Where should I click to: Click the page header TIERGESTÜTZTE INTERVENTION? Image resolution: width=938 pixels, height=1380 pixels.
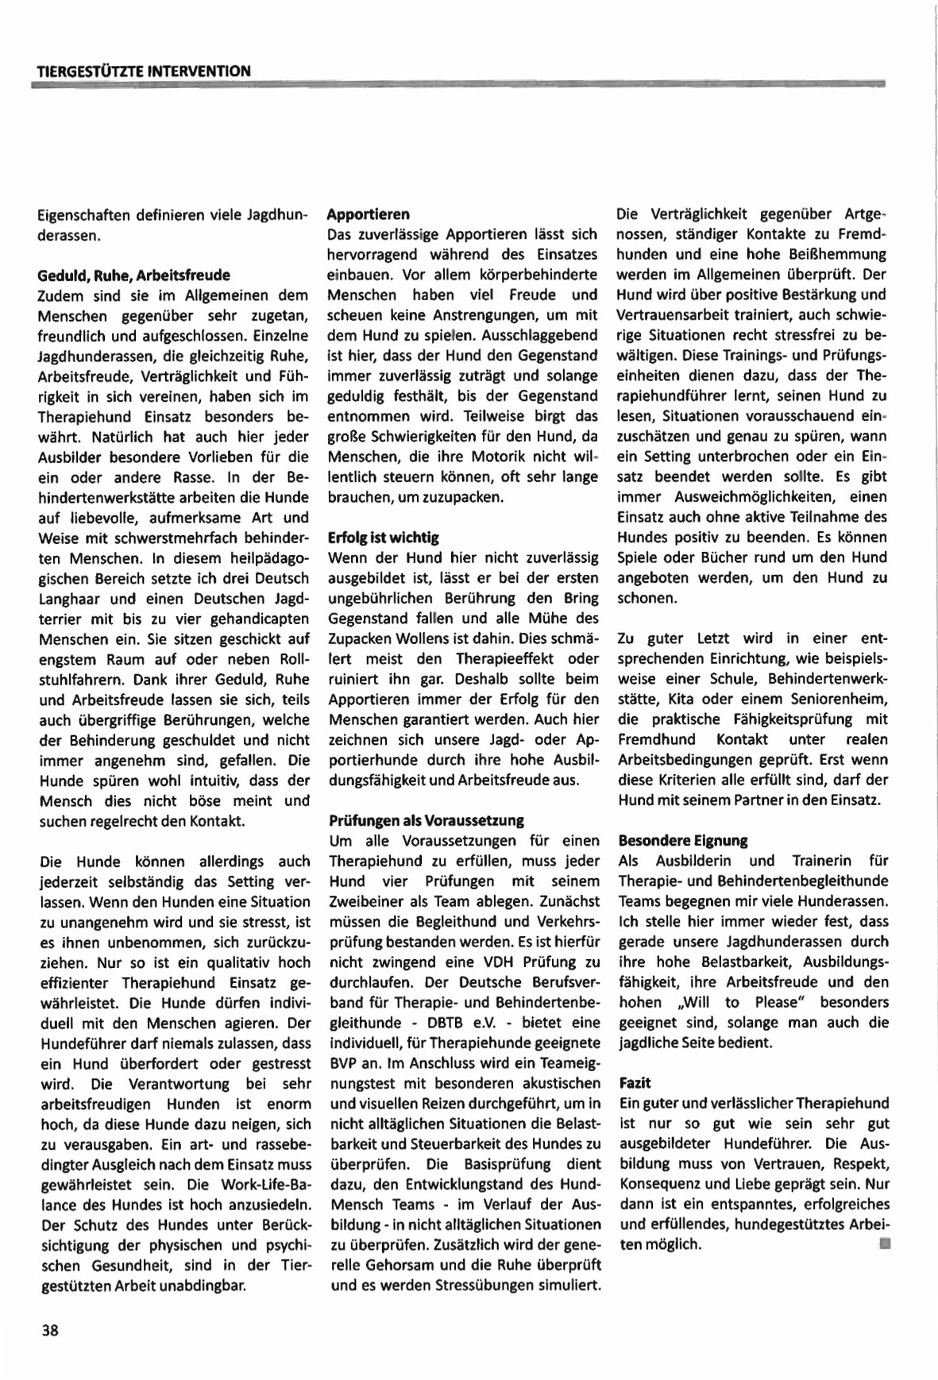(144, 71)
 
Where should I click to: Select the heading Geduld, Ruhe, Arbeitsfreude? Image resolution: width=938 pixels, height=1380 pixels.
(133, 276)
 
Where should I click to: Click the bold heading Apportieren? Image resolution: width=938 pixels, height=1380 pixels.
(369, 214)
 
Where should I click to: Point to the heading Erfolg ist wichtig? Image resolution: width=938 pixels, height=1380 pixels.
(383, 538)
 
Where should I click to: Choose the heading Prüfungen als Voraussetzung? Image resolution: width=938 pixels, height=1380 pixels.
(426, 820)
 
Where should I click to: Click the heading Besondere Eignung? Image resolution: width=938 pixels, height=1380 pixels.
(682, 840)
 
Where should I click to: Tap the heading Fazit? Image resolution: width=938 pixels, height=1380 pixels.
(635, 1082)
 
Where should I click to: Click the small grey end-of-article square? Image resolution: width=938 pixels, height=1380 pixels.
(883, 1243)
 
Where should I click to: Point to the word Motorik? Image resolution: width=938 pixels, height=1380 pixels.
(492, 457)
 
